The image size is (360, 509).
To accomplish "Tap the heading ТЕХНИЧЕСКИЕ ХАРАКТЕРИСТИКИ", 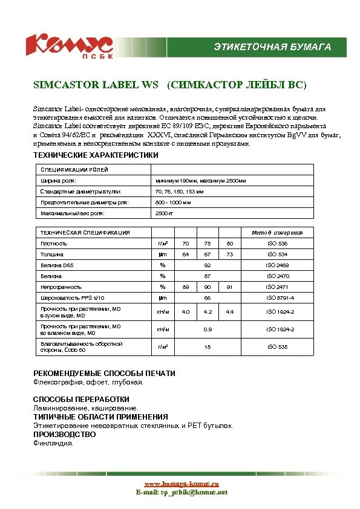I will (95, 155).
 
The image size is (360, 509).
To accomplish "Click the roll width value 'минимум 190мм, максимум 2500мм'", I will (200, 181).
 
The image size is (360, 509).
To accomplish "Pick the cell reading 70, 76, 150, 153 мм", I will (180, 192).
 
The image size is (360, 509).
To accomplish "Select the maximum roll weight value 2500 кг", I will (165, 213).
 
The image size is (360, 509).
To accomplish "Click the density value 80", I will (229, 244).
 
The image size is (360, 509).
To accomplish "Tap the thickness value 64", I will (186, 254).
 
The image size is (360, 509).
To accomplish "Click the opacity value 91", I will (229, 287).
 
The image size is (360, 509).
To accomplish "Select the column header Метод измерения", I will (277, 233).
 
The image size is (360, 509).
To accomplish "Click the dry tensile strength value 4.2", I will (208, 312).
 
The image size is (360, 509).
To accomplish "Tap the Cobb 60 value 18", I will (208, 347).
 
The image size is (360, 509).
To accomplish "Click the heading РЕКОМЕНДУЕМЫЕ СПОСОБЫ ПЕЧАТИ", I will (103, 374).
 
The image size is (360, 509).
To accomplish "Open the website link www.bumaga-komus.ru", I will (181, 484).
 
